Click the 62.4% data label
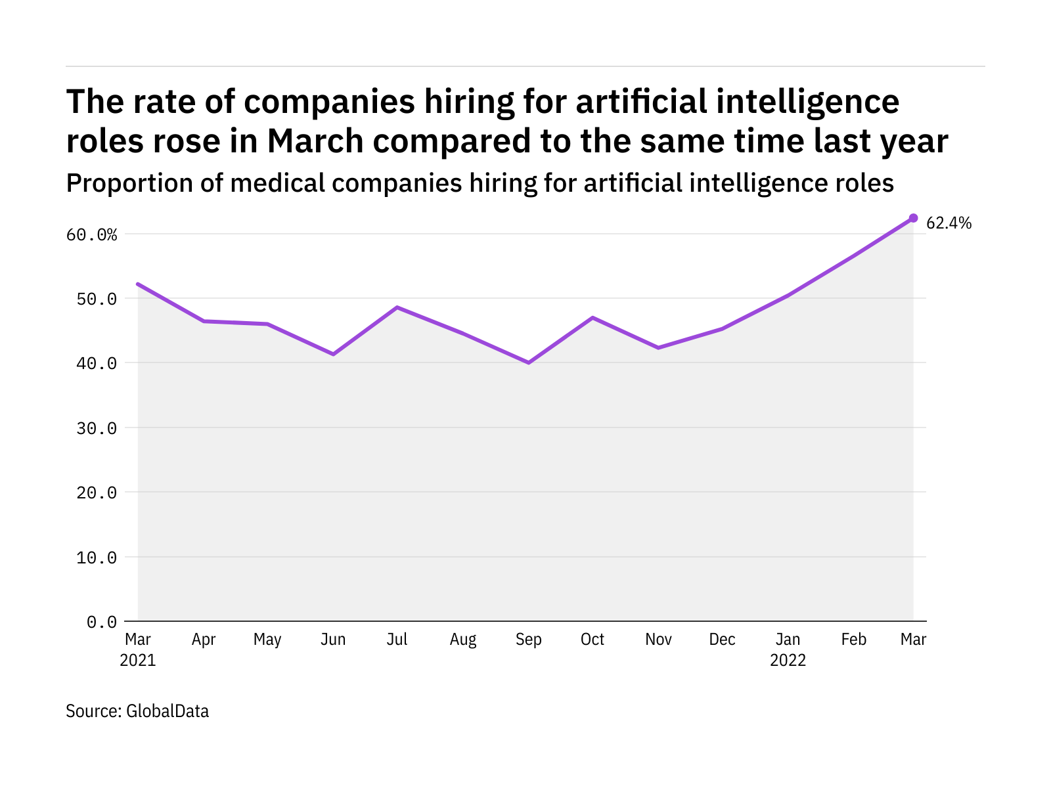(949, 223)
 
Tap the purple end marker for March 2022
(913, 218)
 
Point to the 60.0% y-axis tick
(91, 234)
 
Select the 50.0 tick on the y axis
(97, 299)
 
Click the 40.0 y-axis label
(97, 363)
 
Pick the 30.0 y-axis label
(97, 428)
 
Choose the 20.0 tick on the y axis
(97, 492)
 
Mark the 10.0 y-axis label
(97, 558)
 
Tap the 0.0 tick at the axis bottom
(102, 622)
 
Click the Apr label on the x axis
(204, 640)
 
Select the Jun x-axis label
(333, 640)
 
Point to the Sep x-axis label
(529, 640)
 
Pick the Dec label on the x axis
(722, 640)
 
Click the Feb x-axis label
(853, 640)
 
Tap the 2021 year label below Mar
(138, 660)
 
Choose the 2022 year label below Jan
(788, 660)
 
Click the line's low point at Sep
(529, 362)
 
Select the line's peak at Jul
(397, 307)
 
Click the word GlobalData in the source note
(167, 711)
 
